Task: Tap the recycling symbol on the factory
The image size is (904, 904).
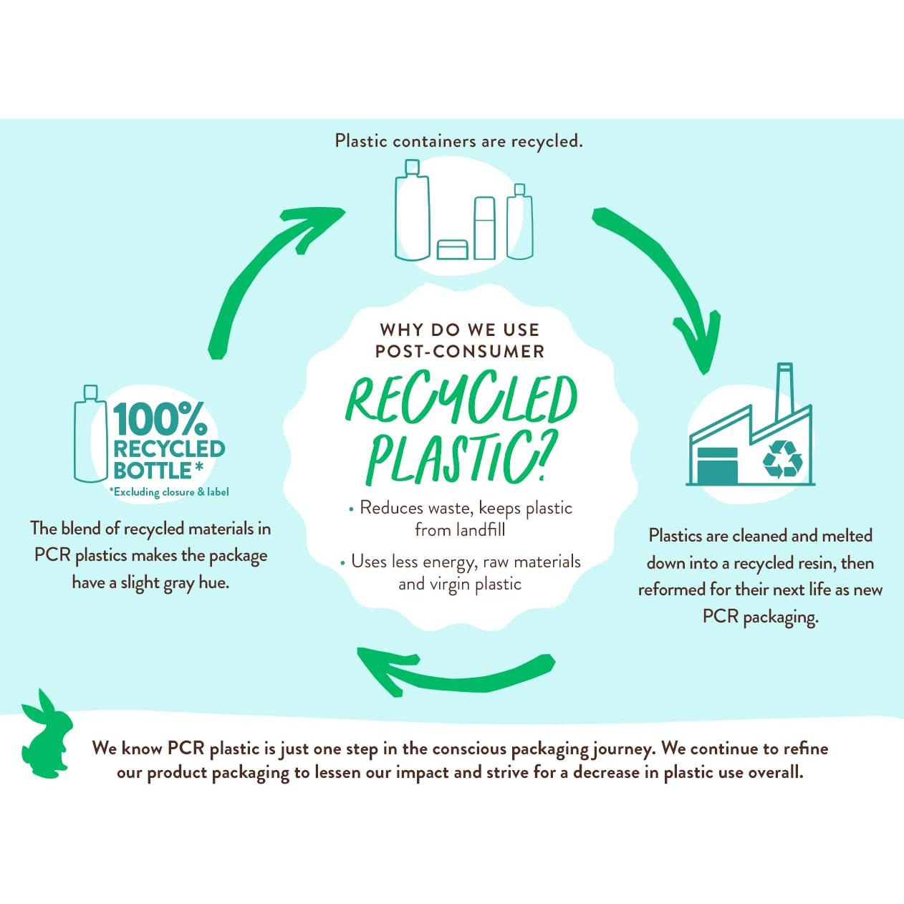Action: tap(782, 459)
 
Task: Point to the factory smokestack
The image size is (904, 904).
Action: tap(784, 390)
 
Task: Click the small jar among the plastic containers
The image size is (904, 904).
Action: tap(452, 249)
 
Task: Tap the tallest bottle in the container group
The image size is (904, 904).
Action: tap(413, 211)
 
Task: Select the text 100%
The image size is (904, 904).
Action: tap(159, 419)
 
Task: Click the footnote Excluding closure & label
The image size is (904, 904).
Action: tap(169, 492)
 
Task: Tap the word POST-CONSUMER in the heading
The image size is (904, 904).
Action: tap(460, 352)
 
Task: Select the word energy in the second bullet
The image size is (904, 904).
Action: tap(449, 563)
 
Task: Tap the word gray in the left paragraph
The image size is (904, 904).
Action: tap(178, 583)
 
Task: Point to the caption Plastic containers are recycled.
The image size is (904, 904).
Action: tap(458, 141)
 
